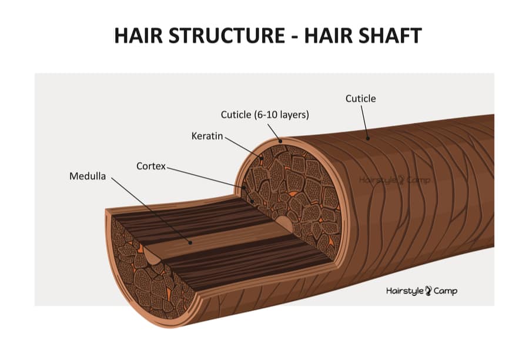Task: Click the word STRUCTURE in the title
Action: pyautogui.click(x=222, y=35)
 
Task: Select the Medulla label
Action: pyautogui.click(x=88, y=176)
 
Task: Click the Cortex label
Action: pyautogui.click(x=152, y=166)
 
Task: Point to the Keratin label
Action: pyautogui.click(x=207, y=136)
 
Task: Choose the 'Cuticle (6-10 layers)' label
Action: pyautogui.click(x=264, y=115)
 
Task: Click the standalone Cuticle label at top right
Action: pyautogui.click(x=360, y=98)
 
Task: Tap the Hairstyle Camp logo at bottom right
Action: pyautogui.click(x=421, y=291)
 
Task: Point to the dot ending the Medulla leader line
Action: pyautogui.click(x=191, y=242)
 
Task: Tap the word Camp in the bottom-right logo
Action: pyautogui.click(x=445, y=291)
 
